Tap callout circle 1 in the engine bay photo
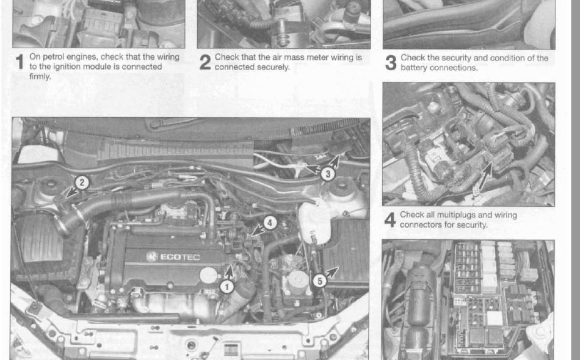coord(227,285)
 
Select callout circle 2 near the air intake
coord(82,182)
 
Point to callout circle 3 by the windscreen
coord(328,173)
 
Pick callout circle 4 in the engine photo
coord(270,223)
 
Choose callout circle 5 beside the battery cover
coord(319,281)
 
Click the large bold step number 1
coord(20,62)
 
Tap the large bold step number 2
coord(206,62)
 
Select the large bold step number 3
coord(391,63)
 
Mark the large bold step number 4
coord(391,220)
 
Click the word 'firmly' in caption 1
coord(40,77)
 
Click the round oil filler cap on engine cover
coord(209,274)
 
